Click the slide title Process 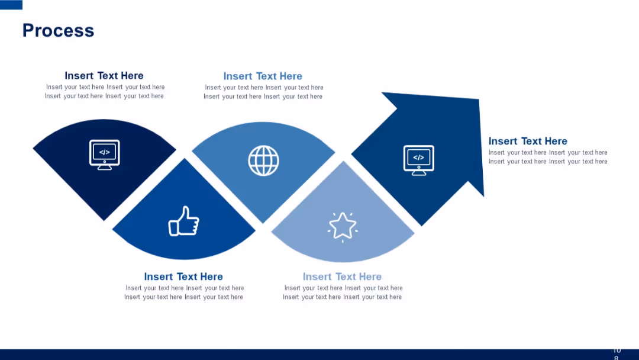58,31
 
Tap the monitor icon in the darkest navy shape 104,155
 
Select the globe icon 263,160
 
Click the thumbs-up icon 183,221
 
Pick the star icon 343,226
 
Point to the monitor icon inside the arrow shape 418,160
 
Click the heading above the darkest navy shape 104,76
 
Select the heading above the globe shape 263,76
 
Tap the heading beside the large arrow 528,142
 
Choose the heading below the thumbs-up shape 183,277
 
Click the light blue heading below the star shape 342,277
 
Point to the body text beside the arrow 548,157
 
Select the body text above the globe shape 263,92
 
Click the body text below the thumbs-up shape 184,292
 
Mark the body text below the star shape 343,292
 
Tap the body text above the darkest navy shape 105,92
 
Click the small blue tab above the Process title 11,5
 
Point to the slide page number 617,353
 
